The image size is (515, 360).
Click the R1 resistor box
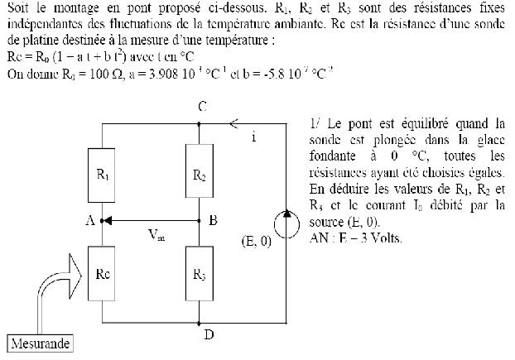[99, 176]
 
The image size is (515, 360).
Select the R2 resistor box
[199, 175]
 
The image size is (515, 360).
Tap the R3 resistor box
[199, 274]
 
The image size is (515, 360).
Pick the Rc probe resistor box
[99, 275]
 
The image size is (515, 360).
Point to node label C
[202, 107]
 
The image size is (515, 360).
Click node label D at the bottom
[208, 334]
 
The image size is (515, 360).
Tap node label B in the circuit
[214, 221]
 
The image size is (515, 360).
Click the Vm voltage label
[155, 234]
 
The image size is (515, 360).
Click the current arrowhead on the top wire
[234, 124]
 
